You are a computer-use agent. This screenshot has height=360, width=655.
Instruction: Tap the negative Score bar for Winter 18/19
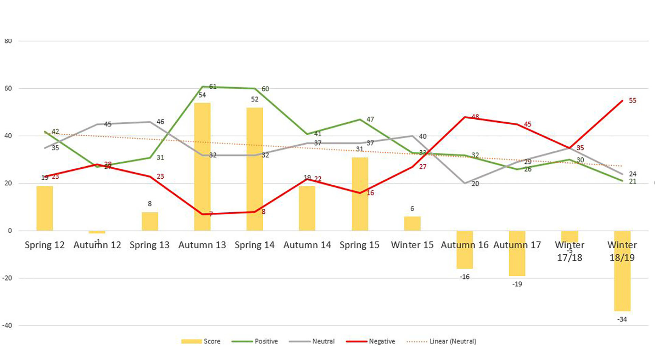click(622, 271)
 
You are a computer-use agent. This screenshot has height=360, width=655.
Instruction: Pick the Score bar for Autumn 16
click(465, 250)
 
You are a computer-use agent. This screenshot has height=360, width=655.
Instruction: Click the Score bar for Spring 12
click(45, 208)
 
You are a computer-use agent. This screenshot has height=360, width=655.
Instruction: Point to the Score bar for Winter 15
click(412, 224)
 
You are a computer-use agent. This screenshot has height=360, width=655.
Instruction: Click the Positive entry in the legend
click(266, 341)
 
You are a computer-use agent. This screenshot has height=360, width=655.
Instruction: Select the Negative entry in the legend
click(382, 341)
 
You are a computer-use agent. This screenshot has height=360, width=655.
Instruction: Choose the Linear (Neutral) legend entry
click(453, 341)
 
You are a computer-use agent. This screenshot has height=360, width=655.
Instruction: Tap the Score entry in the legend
click(212, 341)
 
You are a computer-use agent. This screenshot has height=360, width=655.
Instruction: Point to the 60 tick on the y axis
click(8, 89)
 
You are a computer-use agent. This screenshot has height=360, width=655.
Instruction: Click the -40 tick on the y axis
click(7, 326)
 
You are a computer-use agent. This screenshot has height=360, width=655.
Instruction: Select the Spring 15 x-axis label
click(359, 245)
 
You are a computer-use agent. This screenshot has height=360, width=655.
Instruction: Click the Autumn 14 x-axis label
click(307, 245)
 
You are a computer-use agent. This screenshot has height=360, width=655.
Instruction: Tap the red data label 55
click(632, 101)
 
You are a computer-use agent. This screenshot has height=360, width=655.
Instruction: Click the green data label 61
click(213, 87)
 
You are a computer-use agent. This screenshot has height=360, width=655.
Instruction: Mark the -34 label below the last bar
click(622, 319)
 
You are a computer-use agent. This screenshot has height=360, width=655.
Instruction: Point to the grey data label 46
click(160, 122)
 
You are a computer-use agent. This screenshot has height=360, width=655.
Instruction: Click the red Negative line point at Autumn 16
click(465, 117)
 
